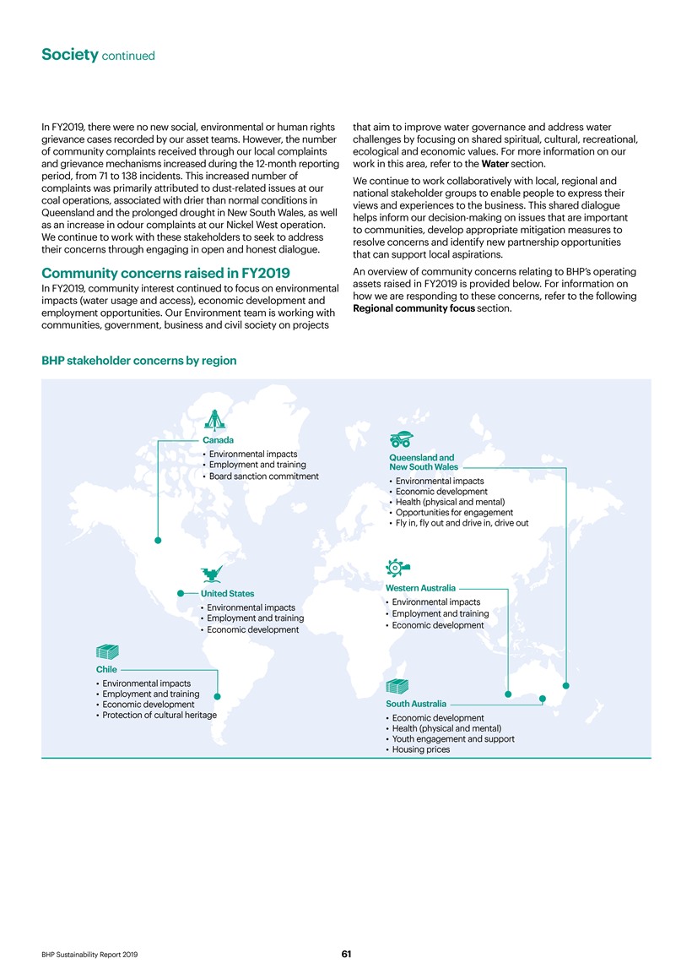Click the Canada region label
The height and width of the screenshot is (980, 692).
coord(218,440)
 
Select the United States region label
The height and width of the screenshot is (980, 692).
coord(226,593)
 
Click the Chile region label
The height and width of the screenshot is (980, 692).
coord(106,669)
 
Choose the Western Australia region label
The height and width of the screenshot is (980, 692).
coord(420,587)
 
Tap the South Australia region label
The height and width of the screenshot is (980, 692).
coord(416,704)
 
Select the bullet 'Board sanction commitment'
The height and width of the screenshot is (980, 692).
coord(263,476)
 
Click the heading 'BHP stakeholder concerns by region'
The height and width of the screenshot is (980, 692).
coord(139,361)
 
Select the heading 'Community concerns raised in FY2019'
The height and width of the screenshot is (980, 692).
coord(165,273)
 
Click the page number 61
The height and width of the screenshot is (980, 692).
coord(346,954)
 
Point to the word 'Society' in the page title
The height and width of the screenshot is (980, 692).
coord(69,55)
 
